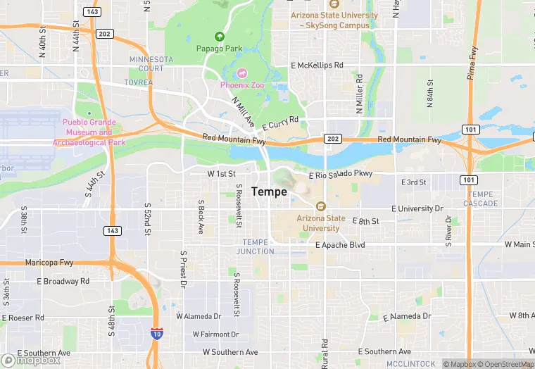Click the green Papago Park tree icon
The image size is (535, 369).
click(x=219, y=37)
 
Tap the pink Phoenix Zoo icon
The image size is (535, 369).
click(x=242, y=73)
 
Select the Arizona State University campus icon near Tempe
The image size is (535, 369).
click(x=321, y=206)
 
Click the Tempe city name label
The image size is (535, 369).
click(x=269, y=192)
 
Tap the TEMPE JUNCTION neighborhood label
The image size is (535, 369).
click(x=255, y=246)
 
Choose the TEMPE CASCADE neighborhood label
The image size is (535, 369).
click(x=481, y=199)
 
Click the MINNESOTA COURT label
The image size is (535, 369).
click(x=147, y=64)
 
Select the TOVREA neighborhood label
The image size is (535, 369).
click(x=138, y=82)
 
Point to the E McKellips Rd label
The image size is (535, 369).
click(x=317, y=65)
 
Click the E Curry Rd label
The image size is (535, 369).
click(x=281, y=123)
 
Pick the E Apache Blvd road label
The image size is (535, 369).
click(x=341, y=245)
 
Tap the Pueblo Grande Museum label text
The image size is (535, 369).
click(x=89, y=132)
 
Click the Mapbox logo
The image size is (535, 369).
click(x=31, y=360)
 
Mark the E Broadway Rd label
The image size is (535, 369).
click(x=63, y=281)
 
